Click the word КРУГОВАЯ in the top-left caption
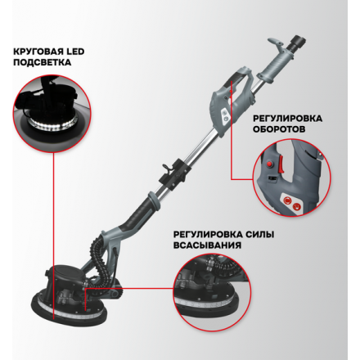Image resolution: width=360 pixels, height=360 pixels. (x=35, y=52)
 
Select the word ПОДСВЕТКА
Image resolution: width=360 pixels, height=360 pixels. (x=43, y=62)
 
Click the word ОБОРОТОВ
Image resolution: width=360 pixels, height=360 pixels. (x=279, y=128)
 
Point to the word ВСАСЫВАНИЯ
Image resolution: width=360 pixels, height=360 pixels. (x=207, y=245)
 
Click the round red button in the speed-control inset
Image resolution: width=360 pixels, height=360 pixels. (x=269, y=164)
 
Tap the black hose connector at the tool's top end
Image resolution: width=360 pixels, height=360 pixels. (x=299, y=42)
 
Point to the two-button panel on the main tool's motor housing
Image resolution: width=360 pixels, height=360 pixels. (x=225, y=116)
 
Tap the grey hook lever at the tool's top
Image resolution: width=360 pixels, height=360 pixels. (x=276, y=45)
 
